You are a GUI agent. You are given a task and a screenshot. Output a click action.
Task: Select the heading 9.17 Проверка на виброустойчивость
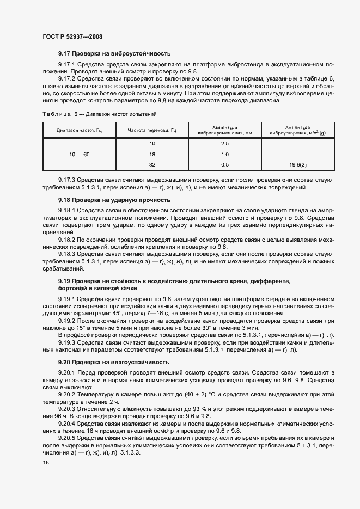(x=114, y=53)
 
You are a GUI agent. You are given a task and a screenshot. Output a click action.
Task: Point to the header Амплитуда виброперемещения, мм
(x=225, y=130)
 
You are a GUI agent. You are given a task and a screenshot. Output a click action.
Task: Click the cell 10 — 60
(x=80, y=155)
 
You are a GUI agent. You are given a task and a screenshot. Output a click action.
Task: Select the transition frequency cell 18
(x=152, y=155)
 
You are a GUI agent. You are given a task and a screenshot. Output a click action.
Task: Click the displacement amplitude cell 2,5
(x=225, y=143)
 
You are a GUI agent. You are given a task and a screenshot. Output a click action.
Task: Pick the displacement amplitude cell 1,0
(x=225, y=155)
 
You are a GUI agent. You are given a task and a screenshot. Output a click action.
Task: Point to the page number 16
(x=46, y=462)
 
